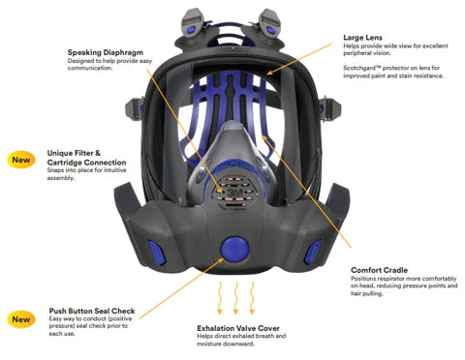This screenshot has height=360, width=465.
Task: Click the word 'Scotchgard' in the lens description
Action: (365, 69)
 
